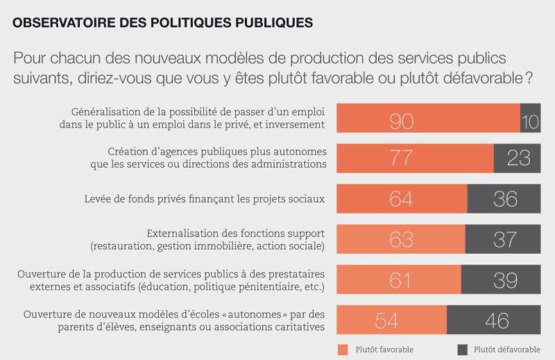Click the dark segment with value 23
517,158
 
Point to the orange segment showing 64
402,198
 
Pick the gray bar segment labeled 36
504,198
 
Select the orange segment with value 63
400,239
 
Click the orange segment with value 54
391,320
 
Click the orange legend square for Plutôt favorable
342,349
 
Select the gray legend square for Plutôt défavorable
461,349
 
